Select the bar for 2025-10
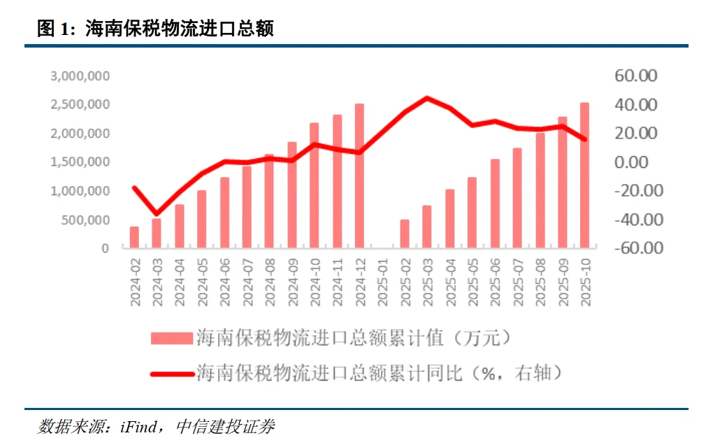(x=584, y=176)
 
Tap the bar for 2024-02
(x=134, y=237)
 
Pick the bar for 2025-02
(x=405, y=234)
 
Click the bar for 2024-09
(x=292, y=195)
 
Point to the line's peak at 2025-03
(x=427, y=98)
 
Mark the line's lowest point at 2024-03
(x=157, y=213)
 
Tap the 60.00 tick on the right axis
(x=635, y=76)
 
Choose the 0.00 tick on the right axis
(x=641, y=162)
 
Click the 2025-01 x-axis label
(x=382, y=281)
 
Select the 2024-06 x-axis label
(x=224, y=281)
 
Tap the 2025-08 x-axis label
(x=540, y=281)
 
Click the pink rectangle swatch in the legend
(x=171, y=339)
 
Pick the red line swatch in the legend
(x=171, y=373)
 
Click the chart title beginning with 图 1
(x=155, y=29)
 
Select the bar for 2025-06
(x=495, y=204)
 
